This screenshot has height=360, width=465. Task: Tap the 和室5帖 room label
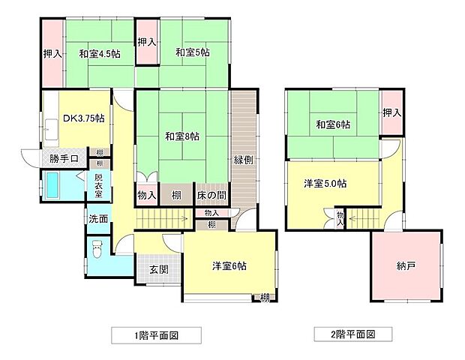click(x=192, y=52)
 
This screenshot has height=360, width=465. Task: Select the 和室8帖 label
click(x=182, y=136)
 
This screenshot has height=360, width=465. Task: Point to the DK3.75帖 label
click(x=83, y=118)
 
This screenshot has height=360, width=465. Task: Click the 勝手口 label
click(x=64, y=159)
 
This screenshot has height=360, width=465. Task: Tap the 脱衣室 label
click(x=98, y=184)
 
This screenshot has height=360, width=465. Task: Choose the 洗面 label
click(x=97, y=220)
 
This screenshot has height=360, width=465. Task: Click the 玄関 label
click(x=157, y=269)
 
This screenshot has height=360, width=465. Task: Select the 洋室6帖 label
click(x=229, y=265)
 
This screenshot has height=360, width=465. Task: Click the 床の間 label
click(x=211, y=196)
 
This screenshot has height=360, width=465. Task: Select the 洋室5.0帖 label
click(x=329, y=183)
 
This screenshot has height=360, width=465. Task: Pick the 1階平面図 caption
click(x=156, y=334)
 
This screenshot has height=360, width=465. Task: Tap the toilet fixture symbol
click(x=95, y=249)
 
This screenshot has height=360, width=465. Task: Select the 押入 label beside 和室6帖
click(x=391, y=113)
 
